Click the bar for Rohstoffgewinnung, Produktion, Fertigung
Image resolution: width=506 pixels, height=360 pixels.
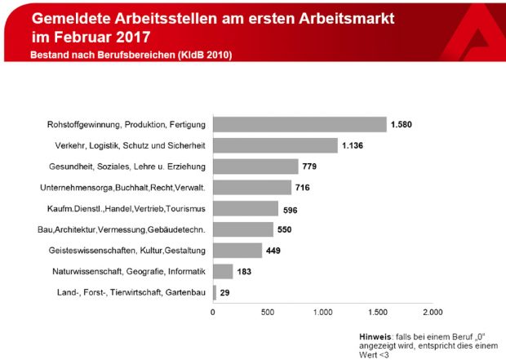click(x=300, y=124)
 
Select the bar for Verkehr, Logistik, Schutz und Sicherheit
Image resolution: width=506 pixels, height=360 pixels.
click(x=275, y=145)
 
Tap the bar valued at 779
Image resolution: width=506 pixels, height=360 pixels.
click(x=255, y=167)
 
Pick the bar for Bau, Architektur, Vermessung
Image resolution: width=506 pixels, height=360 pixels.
click(x=243, y=229)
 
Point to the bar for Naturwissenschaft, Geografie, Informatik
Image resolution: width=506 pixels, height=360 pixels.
click(x=223, y=271)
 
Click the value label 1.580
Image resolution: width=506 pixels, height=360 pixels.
click(x=402, y=124)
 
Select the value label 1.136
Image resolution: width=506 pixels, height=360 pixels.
click(x=353, y=145)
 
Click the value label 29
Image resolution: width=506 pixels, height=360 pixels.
click(x=225, y=292)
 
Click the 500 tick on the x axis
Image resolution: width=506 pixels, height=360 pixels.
click(x=268, y=312)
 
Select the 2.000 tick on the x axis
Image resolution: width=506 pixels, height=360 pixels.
click(x=433, y=312)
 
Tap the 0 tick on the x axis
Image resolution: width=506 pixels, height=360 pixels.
click(x=213, y=312)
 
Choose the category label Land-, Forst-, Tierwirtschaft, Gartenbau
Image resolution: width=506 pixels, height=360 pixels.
click(x=130, y=292)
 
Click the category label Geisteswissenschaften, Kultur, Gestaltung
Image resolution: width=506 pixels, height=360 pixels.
click(x=129, y=251)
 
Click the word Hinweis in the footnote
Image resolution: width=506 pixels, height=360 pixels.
click(x=375, y=336)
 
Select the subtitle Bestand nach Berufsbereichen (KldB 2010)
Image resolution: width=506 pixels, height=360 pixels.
click(x=131, y=55)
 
